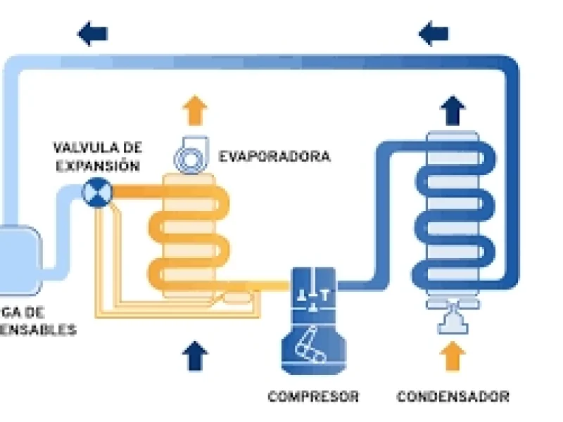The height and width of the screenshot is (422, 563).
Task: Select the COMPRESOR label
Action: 313,397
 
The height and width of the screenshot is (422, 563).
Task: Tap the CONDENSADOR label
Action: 453,397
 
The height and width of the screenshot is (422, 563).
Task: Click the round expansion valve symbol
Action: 95,191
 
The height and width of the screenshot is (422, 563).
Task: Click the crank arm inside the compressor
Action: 309,344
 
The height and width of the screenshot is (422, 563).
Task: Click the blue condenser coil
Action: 452,218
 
